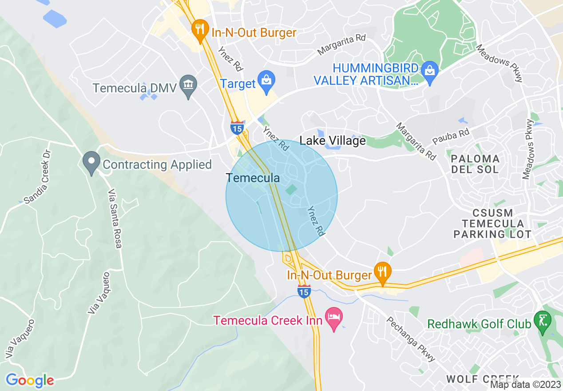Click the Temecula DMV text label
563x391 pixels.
click(x=135, y=87)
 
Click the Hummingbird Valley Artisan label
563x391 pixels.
click(x=366, y=75)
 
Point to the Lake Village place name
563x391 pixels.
click(x=333, y=141)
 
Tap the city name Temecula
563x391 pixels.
click(x=253, y=178)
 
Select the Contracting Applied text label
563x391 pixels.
click(x=157, y=165)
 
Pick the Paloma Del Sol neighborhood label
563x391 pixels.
click(x=475, y=164)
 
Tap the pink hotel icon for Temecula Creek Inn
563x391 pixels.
click(x=334, y=318)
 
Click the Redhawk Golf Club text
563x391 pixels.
click(x=479, y=324)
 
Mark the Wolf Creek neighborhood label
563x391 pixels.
click(x=483, y=379)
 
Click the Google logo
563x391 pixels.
click(x=30, y=380)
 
